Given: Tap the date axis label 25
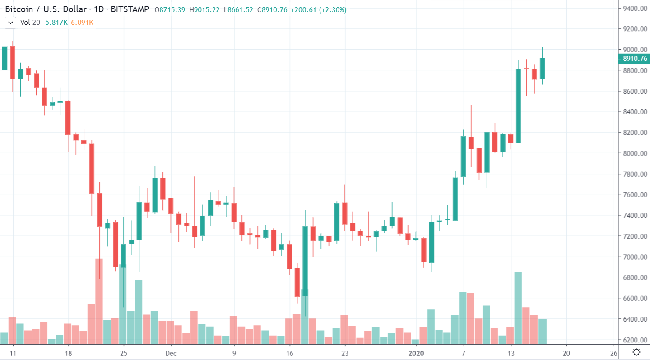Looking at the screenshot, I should click(x=124, y=353).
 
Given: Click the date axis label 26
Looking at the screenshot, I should click(x=613, y=353).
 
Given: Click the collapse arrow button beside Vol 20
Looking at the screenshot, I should click(x=10, y=22).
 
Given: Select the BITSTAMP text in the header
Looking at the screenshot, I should click(x=130, y=9).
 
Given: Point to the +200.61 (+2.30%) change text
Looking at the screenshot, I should click(x=319, y=9).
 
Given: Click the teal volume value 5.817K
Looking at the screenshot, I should click(x=56, y=22).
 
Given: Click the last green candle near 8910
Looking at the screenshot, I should click(x=542, y=68).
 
